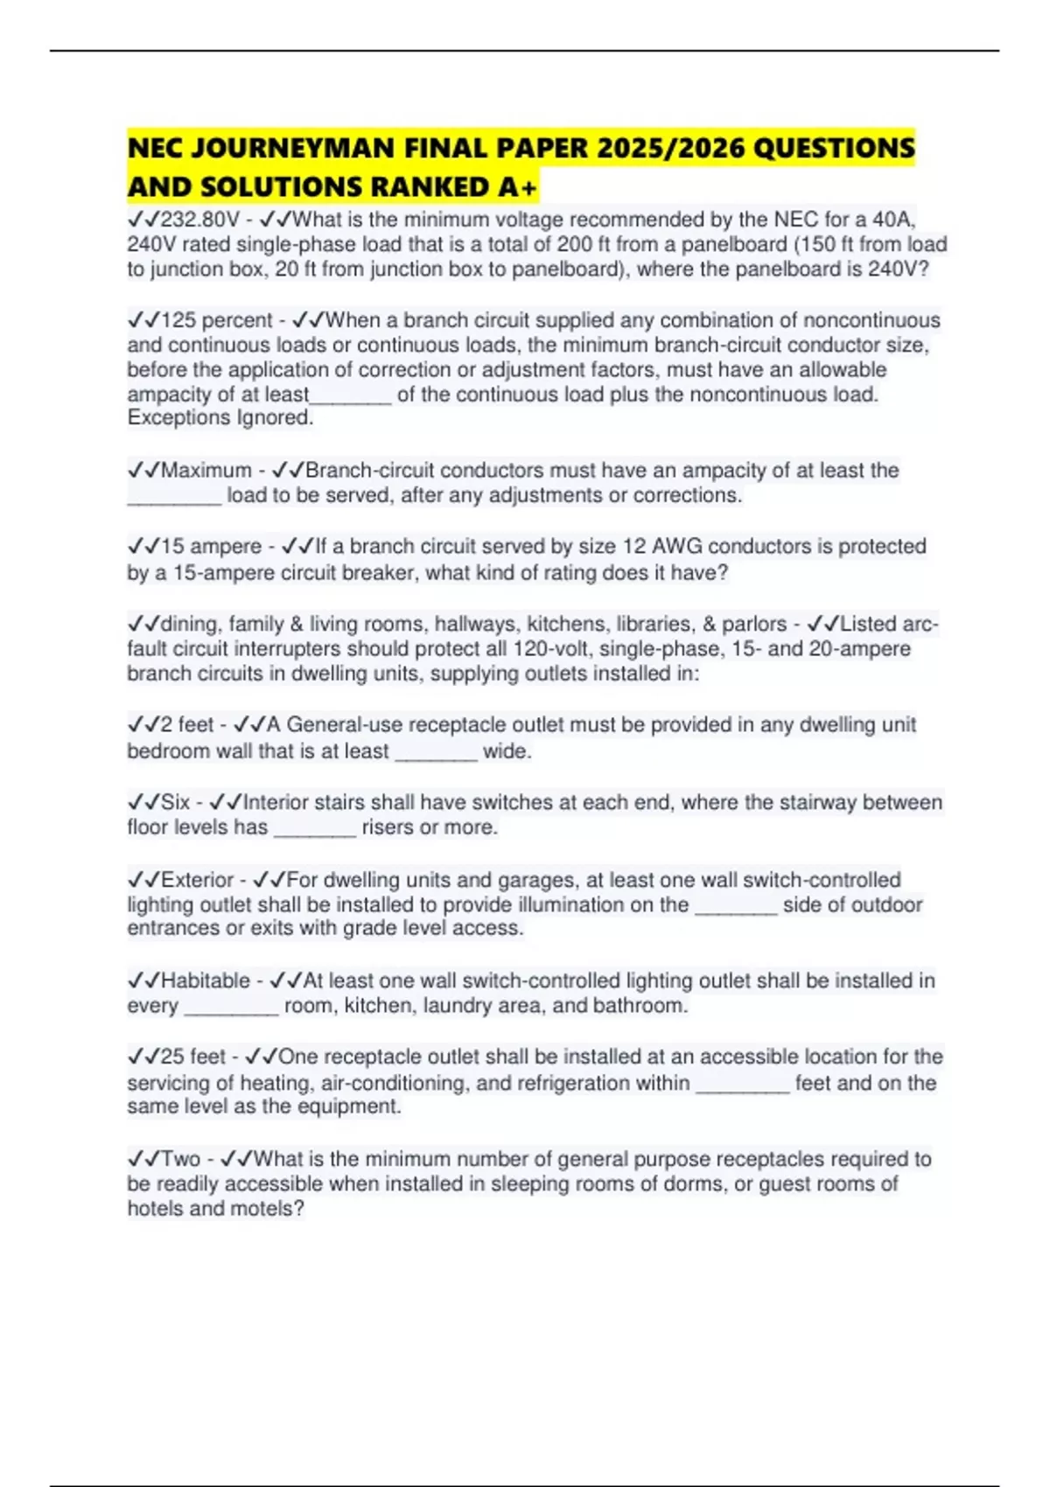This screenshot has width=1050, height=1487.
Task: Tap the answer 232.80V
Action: [200, 219]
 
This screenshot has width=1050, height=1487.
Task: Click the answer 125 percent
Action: [217, 320]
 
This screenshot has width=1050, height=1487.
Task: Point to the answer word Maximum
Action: [206, 471]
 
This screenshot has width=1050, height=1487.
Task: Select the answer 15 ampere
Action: [212, 547]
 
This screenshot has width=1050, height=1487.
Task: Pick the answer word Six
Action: [176, 802]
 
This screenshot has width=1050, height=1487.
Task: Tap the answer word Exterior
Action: [198, 880]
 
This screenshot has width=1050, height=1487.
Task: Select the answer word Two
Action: [181, 1159]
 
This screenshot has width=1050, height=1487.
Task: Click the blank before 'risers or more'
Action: [315, 829]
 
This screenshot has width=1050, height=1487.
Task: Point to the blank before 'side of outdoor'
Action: [736, 906]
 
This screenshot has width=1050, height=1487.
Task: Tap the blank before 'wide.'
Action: [436, 753]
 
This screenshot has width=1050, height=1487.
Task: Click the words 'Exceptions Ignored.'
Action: [220, 418]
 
